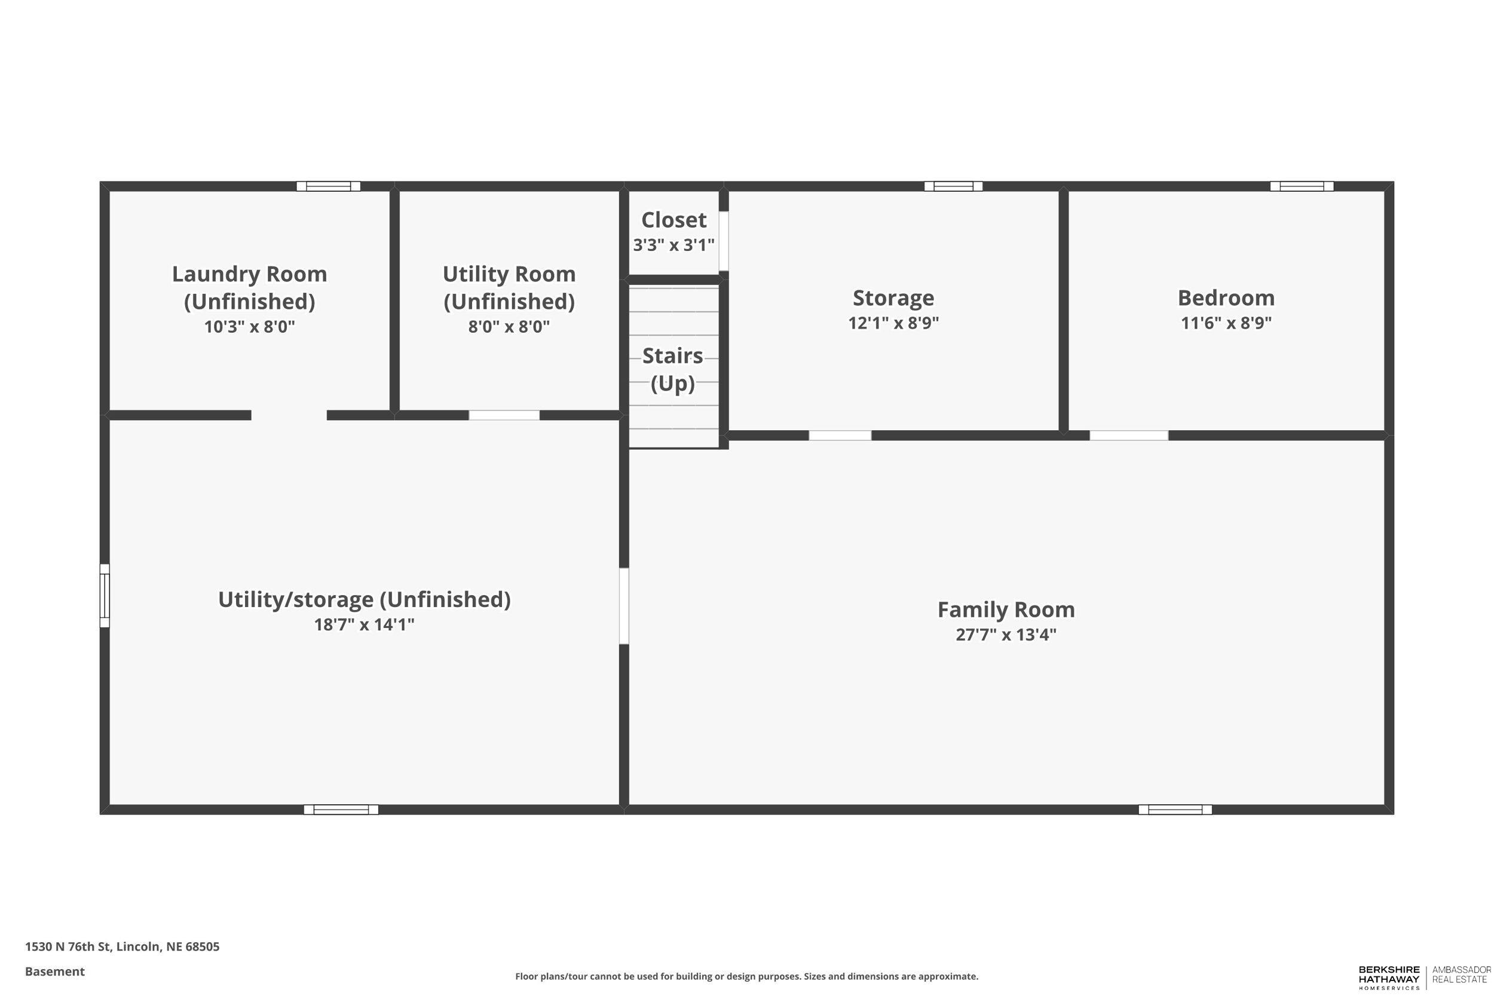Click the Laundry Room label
[249, 274]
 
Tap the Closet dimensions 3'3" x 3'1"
[673, 245]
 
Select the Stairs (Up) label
[673, 369]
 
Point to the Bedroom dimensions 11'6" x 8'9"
[1225, 323]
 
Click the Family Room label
[1006, 610]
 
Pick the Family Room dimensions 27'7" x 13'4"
[1006, 635]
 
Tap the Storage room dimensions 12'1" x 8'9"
[893, 323]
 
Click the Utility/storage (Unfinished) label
[364, 599]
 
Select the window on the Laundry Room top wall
[329, 186]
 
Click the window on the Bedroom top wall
[1301, 186]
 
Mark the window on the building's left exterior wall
[105, 596]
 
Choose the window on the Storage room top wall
[953, 186]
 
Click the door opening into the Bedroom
[1128, 436]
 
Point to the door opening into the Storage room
[840, 436]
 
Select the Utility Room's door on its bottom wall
[504, 415]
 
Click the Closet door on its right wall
[724, 241]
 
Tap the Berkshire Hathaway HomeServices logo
[1389, 977]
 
